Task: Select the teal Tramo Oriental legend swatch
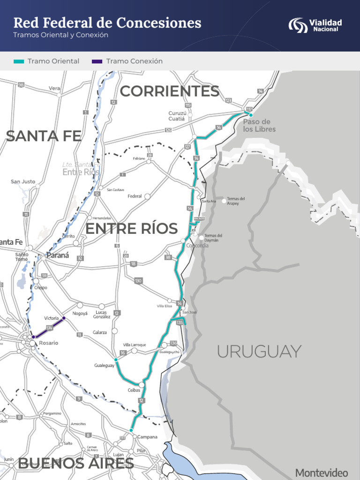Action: tap(19, 61)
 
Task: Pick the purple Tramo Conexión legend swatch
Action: tap(97, 61)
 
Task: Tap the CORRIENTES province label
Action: tap(169, 91)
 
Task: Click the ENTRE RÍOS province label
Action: tap(131, 229)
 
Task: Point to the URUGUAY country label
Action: tap(259, 351)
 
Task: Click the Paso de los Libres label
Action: tap(259, 125)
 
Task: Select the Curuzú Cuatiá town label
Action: tap(178, 116)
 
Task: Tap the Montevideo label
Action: tap(322, 472)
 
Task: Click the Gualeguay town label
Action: tap(104, 366)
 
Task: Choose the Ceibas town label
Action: tap(134, 390)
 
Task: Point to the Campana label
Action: tap(147, 437)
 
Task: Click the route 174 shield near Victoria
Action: tap(50, 328)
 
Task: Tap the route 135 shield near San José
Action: tap(180, 322)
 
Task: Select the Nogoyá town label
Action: tap(80, 313)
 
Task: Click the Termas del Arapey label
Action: tap(236, 201)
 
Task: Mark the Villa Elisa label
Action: tap(164, 306)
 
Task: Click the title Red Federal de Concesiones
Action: tap(107, 22)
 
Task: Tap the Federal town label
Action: tap(135, 196)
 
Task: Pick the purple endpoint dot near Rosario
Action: tap(33, 337)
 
